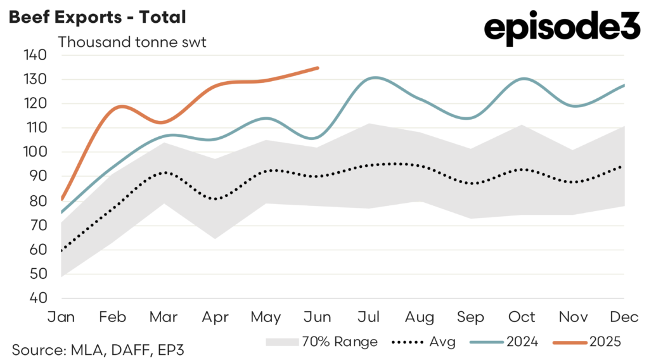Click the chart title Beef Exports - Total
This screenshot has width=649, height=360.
click(97, 17)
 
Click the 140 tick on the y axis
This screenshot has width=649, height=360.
click(35, 55)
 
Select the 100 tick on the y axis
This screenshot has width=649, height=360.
click(35, 152)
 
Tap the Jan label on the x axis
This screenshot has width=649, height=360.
click(61, 316)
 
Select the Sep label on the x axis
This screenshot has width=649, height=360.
click(471, 316)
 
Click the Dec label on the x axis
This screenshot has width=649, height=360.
click(625, 316)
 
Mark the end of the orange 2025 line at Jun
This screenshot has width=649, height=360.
click(318, 68)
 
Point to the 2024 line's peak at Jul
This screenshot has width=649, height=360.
click(375, 78)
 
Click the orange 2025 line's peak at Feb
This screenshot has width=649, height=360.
click(120, 106)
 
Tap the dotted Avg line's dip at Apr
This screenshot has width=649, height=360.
click(215, 199)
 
